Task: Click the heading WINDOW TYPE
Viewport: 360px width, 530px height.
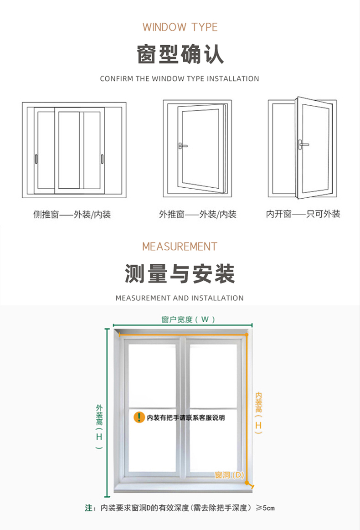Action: pyautogui.click(x=180, y=27)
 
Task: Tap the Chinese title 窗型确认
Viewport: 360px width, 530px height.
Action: pyautogui.click(x=180, y=54)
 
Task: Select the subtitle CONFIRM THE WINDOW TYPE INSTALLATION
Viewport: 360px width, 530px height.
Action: pyautogui.click(x=180, y=79)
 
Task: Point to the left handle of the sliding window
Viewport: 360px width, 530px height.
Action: pyautogui.click(x=36, y=159)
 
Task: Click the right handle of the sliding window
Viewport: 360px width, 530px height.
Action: pyautogui.click(x=102, y=159)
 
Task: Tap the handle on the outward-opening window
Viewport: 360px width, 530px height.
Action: pyautogui.click(x=183, y=146)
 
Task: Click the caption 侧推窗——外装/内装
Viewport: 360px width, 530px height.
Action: pyautogui.click(x=72, y=214)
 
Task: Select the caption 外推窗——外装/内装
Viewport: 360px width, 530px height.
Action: pyautogui.click(x=198, y=214)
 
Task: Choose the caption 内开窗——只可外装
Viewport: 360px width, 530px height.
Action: pyautogui.click(x=303, y=214)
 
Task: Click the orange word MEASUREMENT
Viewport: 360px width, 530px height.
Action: pyautogui.click(x=180, y=247)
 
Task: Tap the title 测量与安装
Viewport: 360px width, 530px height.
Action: pyautogui.click(x=180, y=274)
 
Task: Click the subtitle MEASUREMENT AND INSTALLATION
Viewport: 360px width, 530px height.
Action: pyautogui.click(x=180, y=298)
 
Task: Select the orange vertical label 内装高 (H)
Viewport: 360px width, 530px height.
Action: pyautogui.click(x=258, y=412)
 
